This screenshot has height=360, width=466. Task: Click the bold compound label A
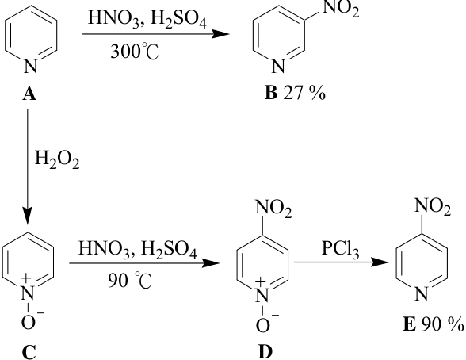click(x=29, y=94)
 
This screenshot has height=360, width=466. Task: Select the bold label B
click(x=271, y=93)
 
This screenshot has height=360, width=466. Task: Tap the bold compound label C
click(x=29, y=352)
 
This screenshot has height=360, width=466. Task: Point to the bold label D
click(x=265, y=352)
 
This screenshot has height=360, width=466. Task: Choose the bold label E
click(x=409, y=324)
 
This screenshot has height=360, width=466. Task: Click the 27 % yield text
click(x=304, y=94)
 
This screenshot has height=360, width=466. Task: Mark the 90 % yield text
click(x=442, y=324)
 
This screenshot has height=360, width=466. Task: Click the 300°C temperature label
click(x=135, y=51)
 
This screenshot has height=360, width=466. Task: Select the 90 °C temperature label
click(x=130, y=280)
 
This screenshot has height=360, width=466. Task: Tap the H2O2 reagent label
click(x=57, y=159)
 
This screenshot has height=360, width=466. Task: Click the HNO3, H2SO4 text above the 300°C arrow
click(x=147, y=19)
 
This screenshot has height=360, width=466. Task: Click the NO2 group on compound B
click(x=341, y=8)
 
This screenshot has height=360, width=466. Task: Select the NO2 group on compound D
click(x=273, y=209)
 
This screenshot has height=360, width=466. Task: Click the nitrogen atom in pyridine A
click(x=31, y=66)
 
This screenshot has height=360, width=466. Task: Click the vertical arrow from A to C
click(x=28, y=167)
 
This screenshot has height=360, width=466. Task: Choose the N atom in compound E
click(x=421, y=293)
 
